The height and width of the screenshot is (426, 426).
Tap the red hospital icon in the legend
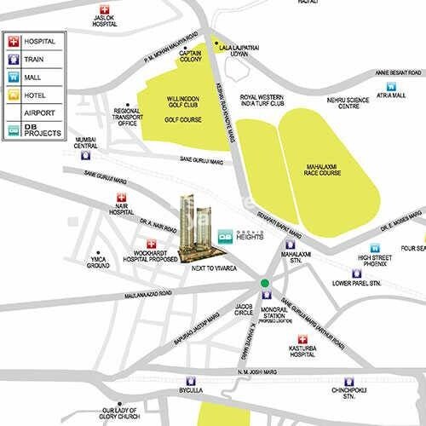point(14,41)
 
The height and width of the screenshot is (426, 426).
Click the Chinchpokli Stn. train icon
point(348,383)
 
